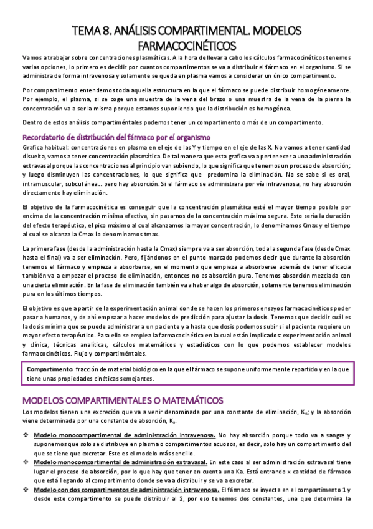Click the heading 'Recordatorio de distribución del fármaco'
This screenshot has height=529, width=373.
pos(116,137)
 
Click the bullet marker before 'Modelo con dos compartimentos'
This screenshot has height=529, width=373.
pos(26,490)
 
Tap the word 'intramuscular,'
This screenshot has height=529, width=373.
pos(44,184)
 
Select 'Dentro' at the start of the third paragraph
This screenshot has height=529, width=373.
pos(32,120)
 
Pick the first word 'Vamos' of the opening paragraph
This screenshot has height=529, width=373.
pos(32,58)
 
